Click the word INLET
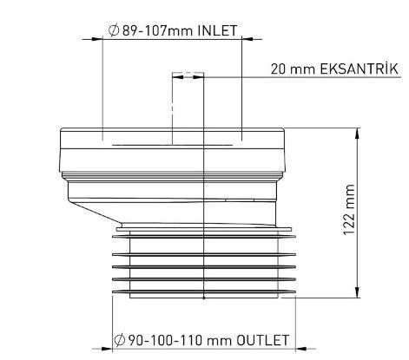(217, 30)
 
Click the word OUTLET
(262, 340)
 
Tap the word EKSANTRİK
(360, 69)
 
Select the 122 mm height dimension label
(349, 210)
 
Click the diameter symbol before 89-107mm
(114, 30)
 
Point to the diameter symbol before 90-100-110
(120, 340)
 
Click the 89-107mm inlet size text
(158, 30)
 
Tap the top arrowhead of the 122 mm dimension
(358, 134)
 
